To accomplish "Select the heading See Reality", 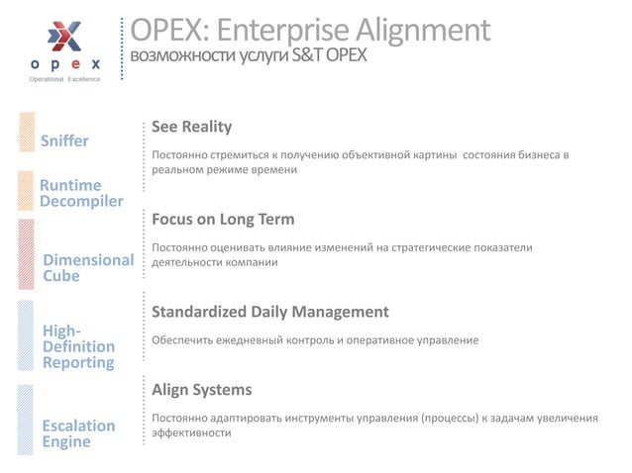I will tap(191, 127).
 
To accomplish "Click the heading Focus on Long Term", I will tap(223, 219).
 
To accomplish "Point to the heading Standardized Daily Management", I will tap(269, 312).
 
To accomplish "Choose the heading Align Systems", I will tap(201, 389).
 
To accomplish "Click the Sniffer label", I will tap(63, 141).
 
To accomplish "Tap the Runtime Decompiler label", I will tap(81, 193).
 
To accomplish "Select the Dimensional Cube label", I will tap(88, 268).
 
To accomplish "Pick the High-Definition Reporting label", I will tap(78, 346).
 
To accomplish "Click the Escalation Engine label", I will tap(78, 433).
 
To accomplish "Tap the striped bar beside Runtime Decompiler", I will tap(27, 191).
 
